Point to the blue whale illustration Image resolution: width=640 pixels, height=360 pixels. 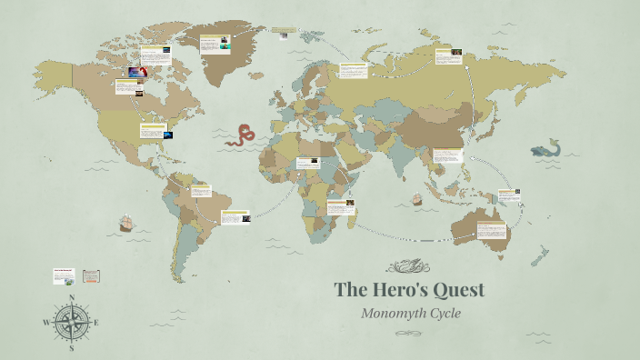[x=547, y=148]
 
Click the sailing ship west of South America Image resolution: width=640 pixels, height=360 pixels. [x=126, y=222]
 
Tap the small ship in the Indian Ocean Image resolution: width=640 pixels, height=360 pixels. [x=416, y=198]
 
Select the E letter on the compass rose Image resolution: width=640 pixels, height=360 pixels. [x=96, y=322]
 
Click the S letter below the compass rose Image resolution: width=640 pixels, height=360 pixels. [x=71, y=347]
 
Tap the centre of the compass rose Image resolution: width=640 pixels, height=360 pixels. [x=71, y=322]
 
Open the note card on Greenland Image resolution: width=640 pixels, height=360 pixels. [x=215, y=43]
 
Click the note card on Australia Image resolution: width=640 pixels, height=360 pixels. [x=492, y=229]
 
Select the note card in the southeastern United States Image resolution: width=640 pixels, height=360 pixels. [x=151, y=131]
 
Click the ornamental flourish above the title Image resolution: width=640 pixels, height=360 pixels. [x=408, y=266]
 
